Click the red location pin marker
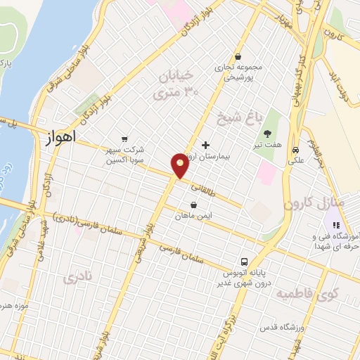click(180, 165)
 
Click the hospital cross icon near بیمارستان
click(205, 144)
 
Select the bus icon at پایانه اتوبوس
click(245, 261)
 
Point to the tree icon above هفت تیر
click(267, 134)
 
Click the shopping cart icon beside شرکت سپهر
click(124, 139)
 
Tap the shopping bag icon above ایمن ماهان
click(184, 205)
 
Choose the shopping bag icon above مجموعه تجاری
click(238, 57)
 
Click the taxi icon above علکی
click(296, 150)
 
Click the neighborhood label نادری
click(78, 278)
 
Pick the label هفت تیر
click(268, 145)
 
